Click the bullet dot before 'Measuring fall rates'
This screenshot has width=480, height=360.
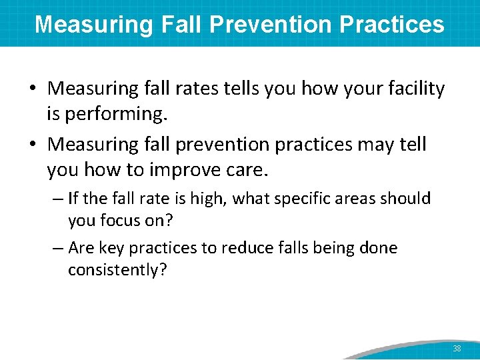[x=39, y=89]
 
